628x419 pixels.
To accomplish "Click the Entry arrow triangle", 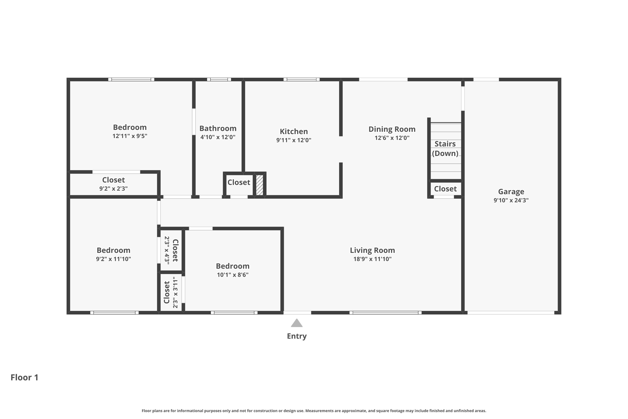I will tap(297, 323).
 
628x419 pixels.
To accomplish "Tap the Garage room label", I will tap(511, 192).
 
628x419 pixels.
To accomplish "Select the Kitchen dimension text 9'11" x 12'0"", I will tap(293, 140).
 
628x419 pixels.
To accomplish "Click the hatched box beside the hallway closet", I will tap(259, 185).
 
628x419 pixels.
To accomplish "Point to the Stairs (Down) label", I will tap(445, 149).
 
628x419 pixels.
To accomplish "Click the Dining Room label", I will tap(392, 129).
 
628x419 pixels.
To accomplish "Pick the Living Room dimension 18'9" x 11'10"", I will tap(372, 259).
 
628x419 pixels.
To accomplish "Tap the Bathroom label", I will tap(218, 128).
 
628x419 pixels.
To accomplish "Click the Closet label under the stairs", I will tap(445, 189).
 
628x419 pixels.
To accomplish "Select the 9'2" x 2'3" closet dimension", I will tap(113, 189).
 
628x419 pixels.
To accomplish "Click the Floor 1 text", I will tap(25, 377).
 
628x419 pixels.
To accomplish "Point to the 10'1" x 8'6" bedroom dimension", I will tap(232, 275).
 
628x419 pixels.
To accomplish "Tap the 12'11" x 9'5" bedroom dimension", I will tap(130, 136).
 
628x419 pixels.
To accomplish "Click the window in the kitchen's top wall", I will tap(301, 80).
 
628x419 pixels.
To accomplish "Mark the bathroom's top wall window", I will tap(219, 80).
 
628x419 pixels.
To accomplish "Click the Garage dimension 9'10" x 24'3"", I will tap(511, 200).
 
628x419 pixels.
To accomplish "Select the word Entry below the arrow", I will tap(297, 336).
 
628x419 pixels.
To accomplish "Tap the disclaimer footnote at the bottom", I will tap(314, 411).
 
